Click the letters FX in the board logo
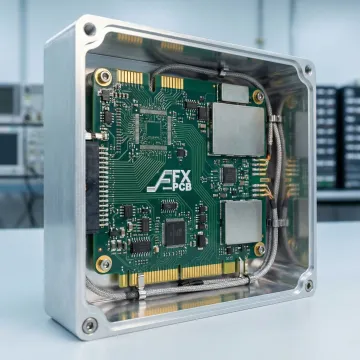[x=183, y=175]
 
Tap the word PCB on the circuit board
[x=182, y=187]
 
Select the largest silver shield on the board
[x=237, y=129]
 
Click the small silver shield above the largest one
[x=235, y=92]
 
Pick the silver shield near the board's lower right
[x=243, y=222]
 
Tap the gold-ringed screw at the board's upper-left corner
[x=103, y=77]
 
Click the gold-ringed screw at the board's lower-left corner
[x=104, y=264]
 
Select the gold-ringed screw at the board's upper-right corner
[x=258, y=97]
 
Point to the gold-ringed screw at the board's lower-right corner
[x=260, y=249]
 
